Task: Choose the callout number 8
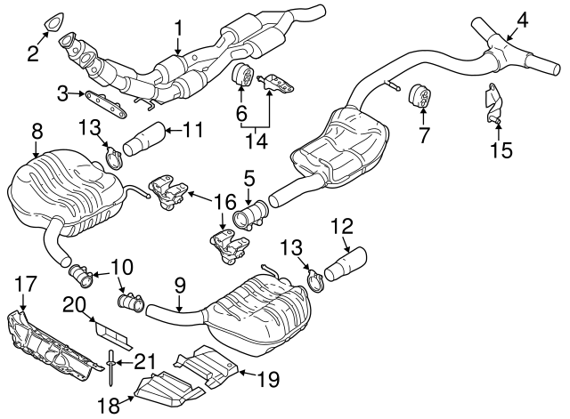tap(37, 132)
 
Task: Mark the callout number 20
tap(74, 304)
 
